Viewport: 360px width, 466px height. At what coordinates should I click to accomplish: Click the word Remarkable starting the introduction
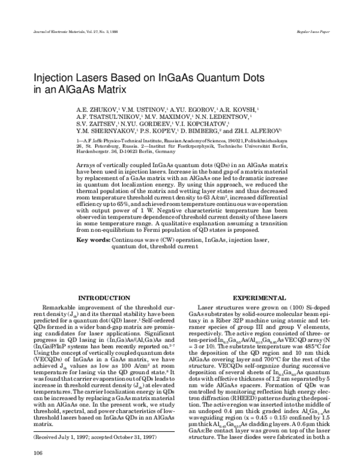[x=62, y=307]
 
